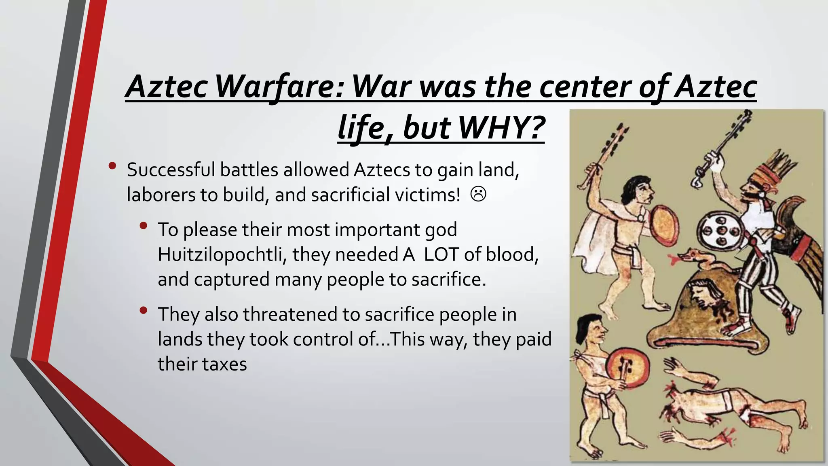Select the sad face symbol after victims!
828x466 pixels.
(478, 194)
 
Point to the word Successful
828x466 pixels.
(171, 170)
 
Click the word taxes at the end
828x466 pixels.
(226, 364)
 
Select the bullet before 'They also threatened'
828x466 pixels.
(143, 310)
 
